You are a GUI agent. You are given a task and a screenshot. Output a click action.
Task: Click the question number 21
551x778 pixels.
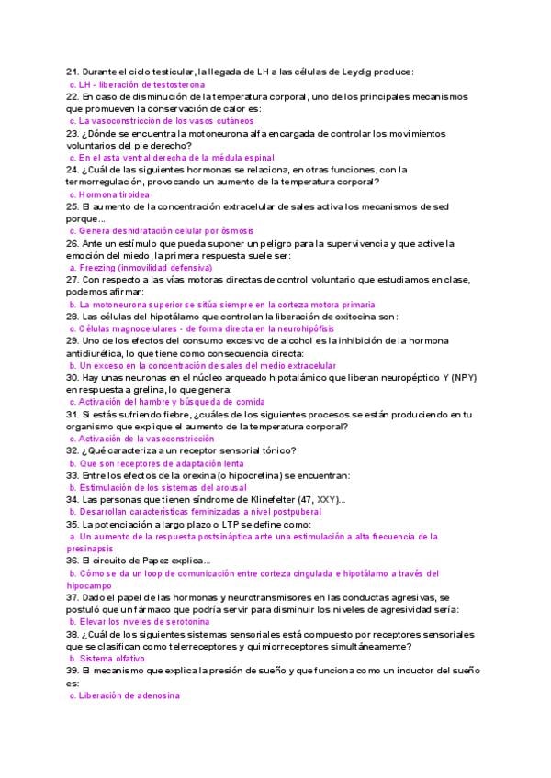tap(73, 72)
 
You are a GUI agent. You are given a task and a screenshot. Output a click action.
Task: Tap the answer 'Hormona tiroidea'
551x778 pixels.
tap(115, 194)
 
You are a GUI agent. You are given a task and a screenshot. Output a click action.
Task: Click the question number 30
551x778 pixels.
tap(73, 378)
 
